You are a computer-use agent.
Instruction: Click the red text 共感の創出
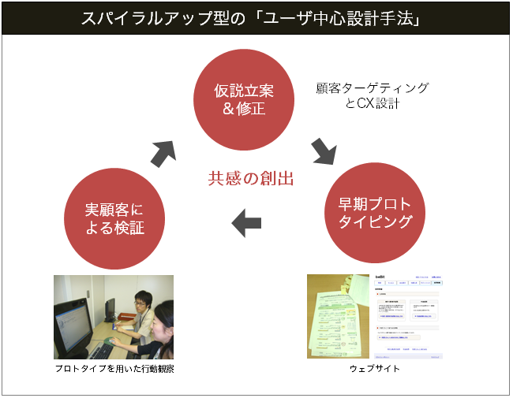(251, 179)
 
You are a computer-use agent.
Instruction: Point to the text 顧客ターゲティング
(373, 88)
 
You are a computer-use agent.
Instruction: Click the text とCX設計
(373, 104)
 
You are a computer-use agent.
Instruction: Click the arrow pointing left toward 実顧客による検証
(246, 223)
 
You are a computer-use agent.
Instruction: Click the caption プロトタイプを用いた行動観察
(114, 368)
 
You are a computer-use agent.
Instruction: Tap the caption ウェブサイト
(374, 368)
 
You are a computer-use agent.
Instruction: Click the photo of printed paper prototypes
(338, 316)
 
